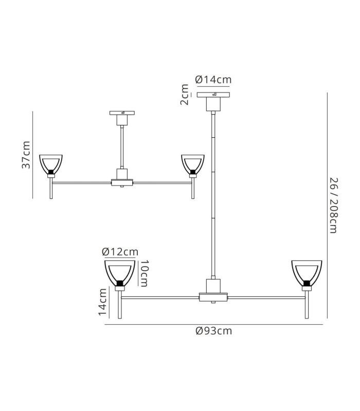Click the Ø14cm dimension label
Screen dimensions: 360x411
click(213, 80)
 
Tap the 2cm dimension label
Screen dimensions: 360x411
click(185, 95)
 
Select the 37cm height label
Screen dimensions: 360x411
click(26, 155)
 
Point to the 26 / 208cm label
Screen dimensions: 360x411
click(334, 206)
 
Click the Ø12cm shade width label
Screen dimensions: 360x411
click(120, 252)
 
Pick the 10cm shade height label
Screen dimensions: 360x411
click(144, 273)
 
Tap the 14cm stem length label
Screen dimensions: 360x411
click(102, 302)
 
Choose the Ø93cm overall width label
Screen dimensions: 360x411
click(214, 331)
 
